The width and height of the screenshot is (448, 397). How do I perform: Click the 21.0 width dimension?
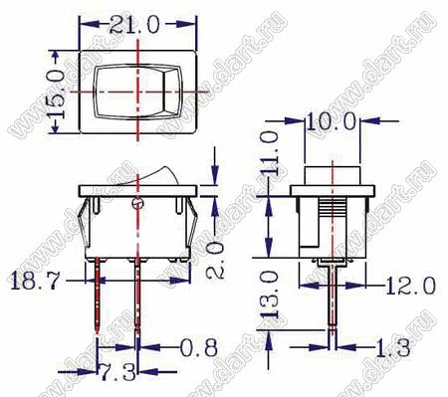click(x=134, y=25)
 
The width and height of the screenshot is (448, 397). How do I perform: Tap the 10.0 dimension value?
click(x=331, y=121)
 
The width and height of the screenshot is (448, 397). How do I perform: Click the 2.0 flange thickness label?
click(x=215, y=260)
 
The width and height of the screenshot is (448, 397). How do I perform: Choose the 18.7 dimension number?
click(x=35, y=281)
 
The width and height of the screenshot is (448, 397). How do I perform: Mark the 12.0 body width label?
click(x=411, y=286)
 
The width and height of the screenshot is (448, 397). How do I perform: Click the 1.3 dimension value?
click(x=392, y=347)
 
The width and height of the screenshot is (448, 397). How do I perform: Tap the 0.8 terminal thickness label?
click(x=199, y=347)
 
